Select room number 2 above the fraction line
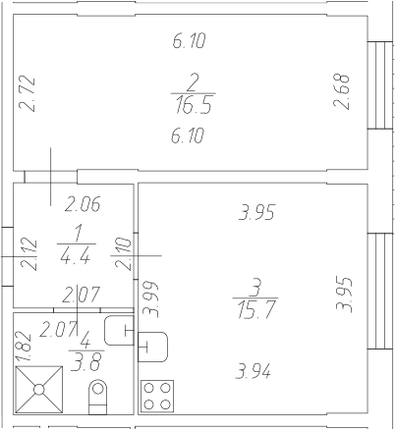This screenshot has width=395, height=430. [192, 82]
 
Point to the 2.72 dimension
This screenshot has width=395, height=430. [28, 94]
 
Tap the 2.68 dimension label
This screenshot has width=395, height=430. [342, 91]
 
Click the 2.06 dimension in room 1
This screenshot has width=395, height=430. [83, 204]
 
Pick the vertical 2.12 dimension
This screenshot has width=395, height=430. [28, 255]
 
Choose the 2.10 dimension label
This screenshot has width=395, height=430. [123, 254]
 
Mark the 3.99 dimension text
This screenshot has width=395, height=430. [151, 299]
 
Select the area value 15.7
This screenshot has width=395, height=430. [256, 310]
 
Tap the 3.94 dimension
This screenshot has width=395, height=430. [254, 371]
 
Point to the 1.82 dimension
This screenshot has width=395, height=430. [24, 347]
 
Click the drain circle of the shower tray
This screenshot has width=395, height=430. [39, 390]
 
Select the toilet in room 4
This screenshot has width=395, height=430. [98, 397]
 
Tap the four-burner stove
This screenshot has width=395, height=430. [157, 397]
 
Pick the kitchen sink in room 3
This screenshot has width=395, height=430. [153, 347]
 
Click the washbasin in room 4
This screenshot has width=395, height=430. [119, 331]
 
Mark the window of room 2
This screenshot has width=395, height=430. [380, 85]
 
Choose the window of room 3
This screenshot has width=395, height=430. [380, 292]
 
